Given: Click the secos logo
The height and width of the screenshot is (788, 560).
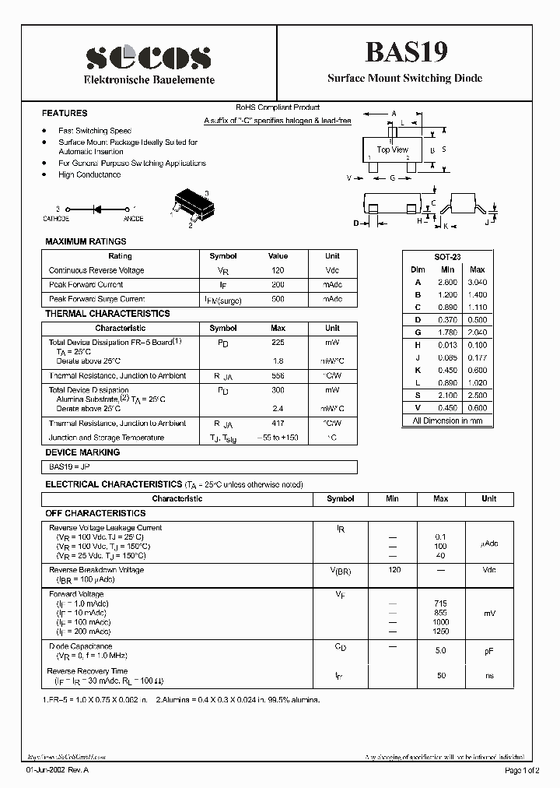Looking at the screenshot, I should click(x=149, y=58).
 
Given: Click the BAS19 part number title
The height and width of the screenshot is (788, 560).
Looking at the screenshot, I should click(x=405, y=52).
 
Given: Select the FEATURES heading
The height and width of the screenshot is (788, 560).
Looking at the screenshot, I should click(x=65, y=113).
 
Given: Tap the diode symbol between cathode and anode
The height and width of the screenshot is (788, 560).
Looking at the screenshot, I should click(x=98, y=209).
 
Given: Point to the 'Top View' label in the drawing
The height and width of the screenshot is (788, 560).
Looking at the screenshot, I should click(x=392, y=150).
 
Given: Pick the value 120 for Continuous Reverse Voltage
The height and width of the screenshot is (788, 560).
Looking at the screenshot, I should click(x=278, y=270).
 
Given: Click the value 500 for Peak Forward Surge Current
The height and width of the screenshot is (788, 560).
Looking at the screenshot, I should click(x=278, y=299).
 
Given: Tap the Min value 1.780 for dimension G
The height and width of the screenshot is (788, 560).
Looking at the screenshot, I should click(x=447, y=332).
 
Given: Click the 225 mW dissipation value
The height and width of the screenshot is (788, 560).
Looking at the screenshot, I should click(x=278, y=342).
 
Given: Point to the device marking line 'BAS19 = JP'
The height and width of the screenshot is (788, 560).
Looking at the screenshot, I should click(x=64, y=466).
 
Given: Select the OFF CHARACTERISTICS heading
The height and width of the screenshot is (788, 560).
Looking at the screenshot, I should click(x=95, y=513).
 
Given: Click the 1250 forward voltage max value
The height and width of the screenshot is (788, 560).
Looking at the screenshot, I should click(x=440, y=631).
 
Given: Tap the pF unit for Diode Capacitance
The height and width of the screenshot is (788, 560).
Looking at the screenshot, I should click(x=488, y=651).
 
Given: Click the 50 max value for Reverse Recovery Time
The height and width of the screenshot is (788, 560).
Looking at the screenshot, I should click(x=441, y=675).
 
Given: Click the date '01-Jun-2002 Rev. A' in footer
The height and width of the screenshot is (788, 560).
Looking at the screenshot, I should click(x=58, y=770).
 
